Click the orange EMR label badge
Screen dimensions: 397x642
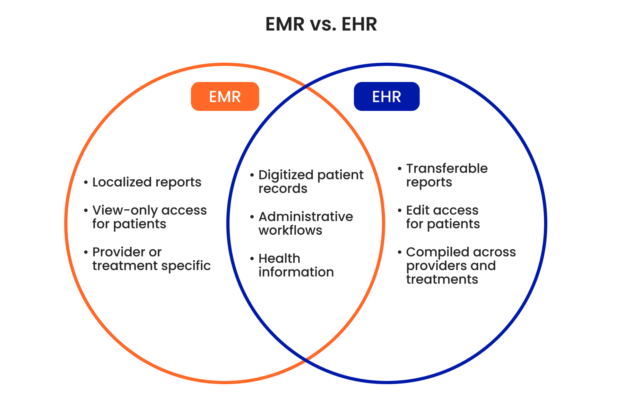click(225, 96)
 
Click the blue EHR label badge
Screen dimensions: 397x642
click(386, 96)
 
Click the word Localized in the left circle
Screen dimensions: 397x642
click(122, 182)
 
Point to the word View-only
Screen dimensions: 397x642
click(125, 211)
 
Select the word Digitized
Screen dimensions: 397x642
click(286, 175)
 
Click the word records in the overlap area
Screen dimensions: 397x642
click(283, 189)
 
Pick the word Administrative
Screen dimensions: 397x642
click(306, 217)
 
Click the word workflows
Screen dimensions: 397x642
click(290, 230)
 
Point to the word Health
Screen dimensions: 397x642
click(279, 259)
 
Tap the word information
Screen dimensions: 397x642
click(296, 272)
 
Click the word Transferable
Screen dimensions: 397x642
click(447, 169)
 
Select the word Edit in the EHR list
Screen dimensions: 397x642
click(418, 211)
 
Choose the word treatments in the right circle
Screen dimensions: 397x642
click(442, 279)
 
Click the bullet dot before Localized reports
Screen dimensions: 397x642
click(86, 182)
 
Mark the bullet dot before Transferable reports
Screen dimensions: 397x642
click(399, 168)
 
